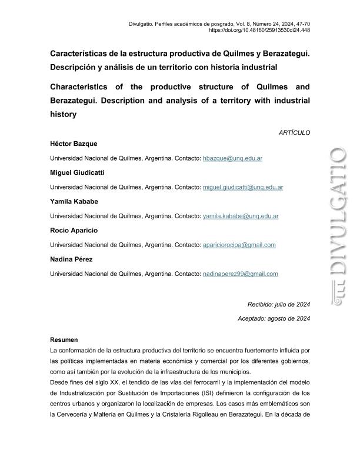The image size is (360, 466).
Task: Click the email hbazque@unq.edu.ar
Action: click(232, 159)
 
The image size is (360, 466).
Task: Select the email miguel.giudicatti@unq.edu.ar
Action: click(243, 188)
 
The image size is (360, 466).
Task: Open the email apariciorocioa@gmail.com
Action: click(239, 245)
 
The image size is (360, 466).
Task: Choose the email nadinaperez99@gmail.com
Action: click(240, 274)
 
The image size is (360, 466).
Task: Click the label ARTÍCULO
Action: click(294, 133)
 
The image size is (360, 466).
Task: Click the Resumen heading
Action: click(64, 340)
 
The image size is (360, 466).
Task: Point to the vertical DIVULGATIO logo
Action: click(338, 227)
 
